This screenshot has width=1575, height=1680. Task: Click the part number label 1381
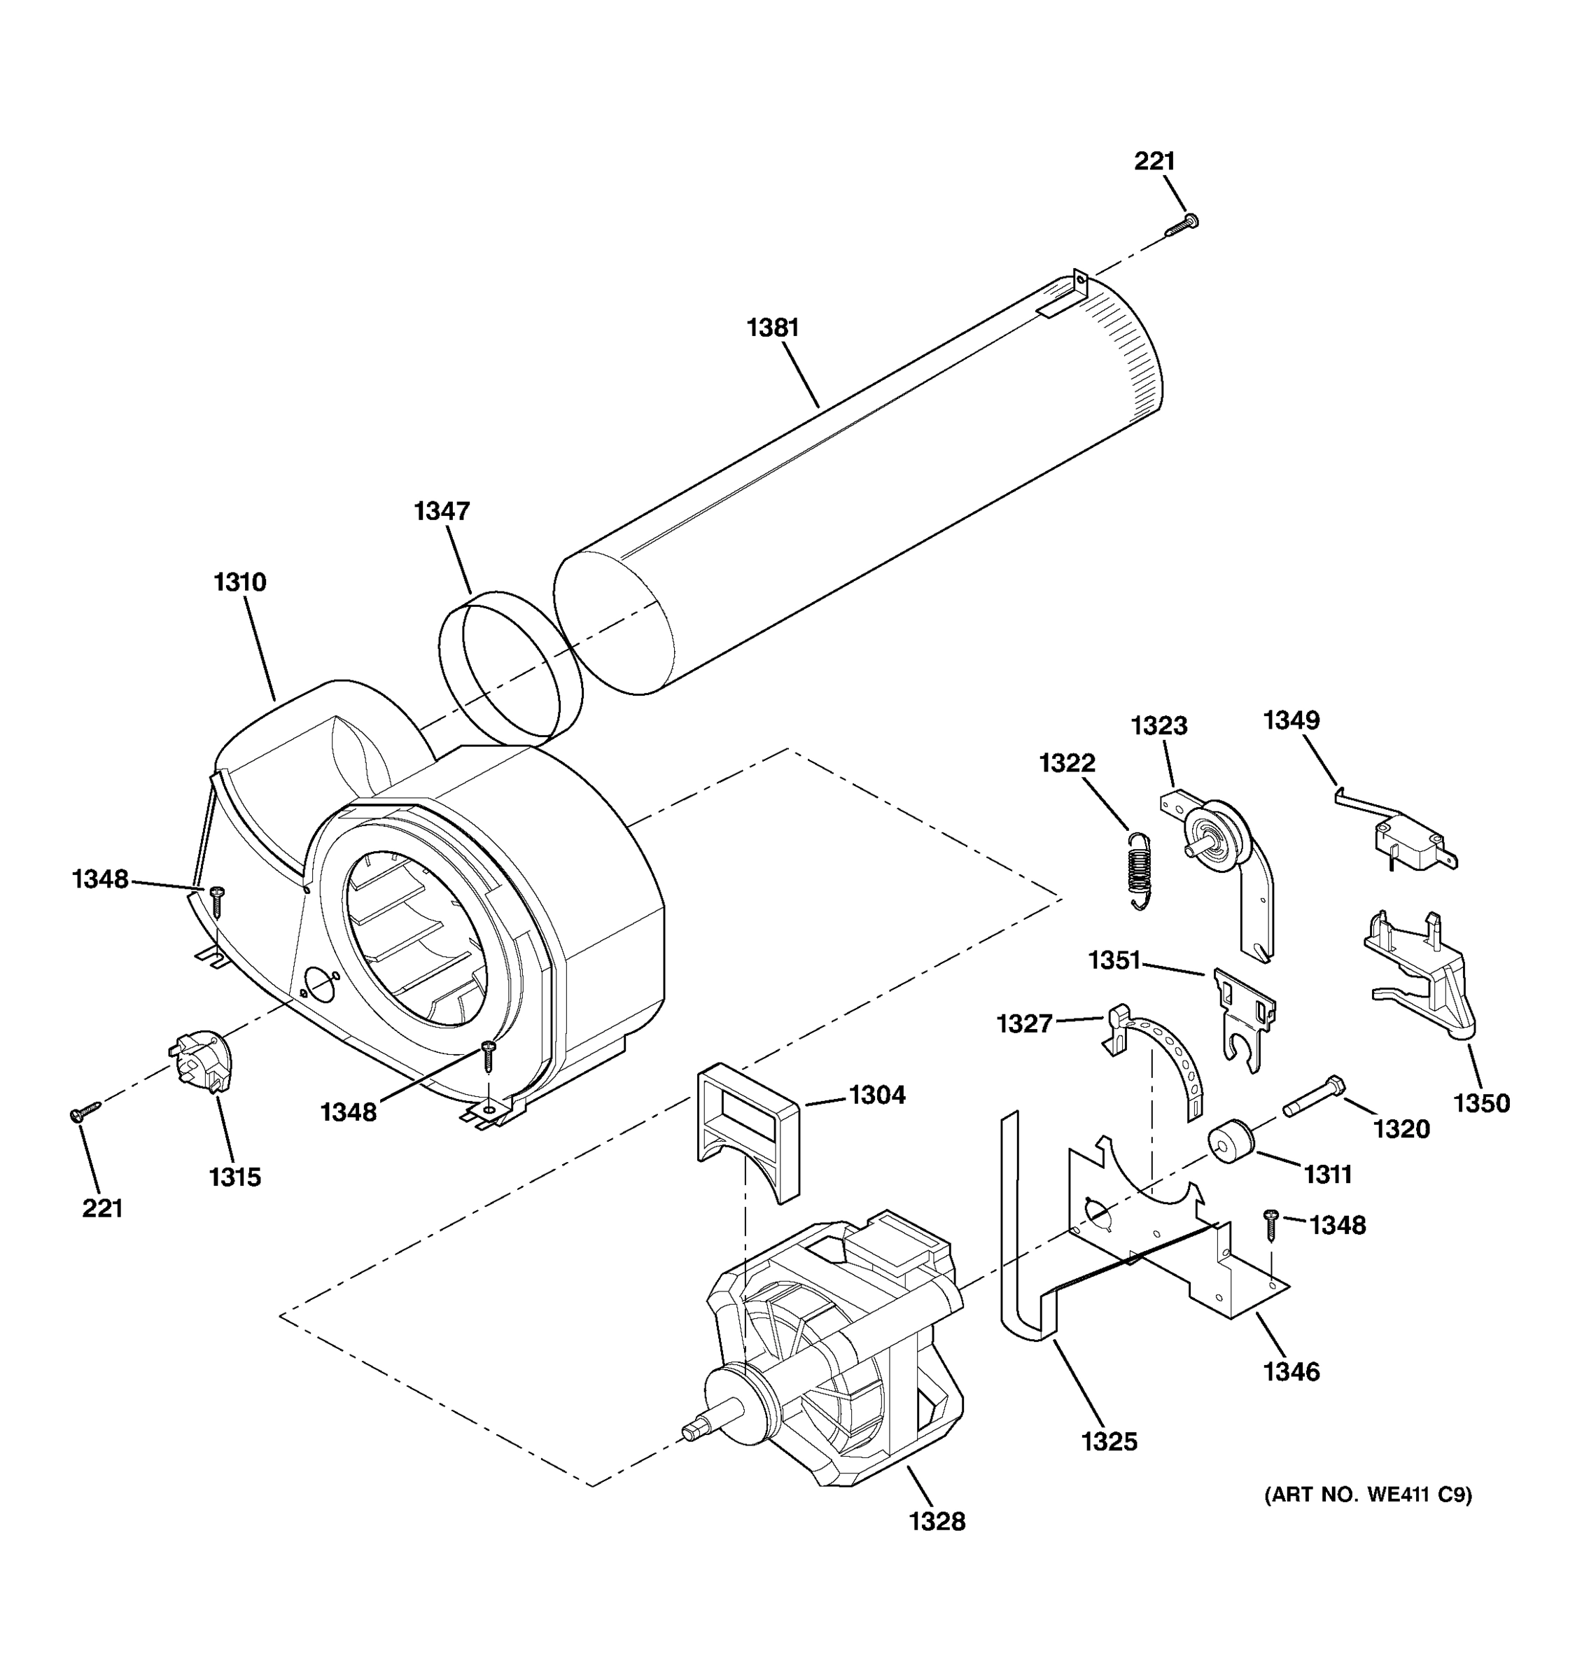tap(772, 328)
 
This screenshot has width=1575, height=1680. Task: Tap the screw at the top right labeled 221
tap(1183, 225)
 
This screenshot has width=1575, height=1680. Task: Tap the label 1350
tap(1481, 1102)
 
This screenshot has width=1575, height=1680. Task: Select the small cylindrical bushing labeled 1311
tap(1231, 1142)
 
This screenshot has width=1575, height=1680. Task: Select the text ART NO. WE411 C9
tap(1367, 1495)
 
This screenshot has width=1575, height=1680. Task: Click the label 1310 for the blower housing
tap(240, 582)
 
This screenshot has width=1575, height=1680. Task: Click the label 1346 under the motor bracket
tap(1291, 1371)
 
